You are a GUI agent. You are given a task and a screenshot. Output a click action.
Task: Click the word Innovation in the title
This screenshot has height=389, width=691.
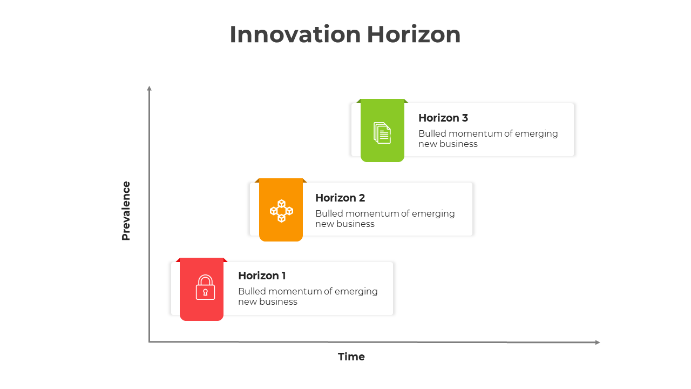click(x=295, y=35)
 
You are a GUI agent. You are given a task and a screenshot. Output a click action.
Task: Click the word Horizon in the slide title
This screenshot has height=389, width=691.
click(x=414, y=35)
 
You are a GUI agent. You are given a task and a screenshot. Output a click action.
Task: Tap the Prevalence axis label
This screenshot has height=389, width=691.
click(x=126, y=211)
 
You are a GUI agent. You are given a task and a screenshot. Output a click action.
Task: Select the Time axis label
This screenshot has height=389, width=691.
click(x=351, y=357)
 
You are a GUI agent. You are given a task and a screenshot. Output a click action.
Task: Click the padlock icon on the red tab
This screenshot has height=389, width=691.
click(x=205, y=287)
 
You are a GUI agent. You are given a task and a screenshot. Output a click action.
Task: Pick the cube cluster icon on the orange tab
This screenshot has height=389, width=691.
click(x=281, y=211)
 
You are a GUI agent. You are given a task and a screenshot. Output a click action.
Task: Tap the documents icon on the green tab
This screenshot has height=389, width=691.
click(x=382, y=133)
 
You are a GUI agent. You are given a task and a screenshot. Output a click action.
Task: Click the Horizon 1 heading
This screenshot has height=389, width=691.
click(x=262, y=276)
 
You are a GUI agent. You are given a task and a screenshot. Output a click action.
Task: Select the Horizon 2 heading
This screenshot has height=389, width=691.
click(x=340, y=198)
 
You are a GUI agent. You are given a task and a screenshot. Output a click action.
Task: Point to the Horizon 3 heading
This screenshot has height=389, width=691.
click(x=443, y=118)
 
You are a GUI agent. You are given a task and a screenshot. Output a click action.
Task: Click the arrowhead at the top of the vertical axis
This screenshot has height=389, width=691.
click(x=150, y=88)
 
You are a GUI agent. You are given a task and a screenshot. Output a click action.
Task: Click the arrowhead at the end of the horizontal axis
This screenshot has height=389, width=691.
click(x=597, y=342)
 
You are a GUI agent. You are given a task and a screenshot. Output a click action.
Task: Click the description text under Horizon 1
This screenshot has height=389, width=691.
click(x=308, y=297)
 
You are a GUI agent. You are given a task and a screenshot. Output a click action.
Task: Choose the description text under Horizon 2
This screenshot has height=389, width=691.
click(x=385, y=219)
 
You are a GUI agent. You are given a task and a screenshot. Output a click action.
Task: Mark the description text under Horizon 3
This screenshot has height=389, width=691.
click(x=488, y=139)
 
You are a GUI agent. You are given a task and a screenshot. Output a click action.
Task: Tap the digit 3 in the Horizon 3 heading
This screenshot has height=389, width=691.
click(x=465, y=118)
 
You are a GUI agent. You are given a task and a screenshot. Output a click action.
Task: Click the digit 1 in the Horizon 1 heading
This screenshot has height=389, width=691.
click(x=283, y=276)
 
